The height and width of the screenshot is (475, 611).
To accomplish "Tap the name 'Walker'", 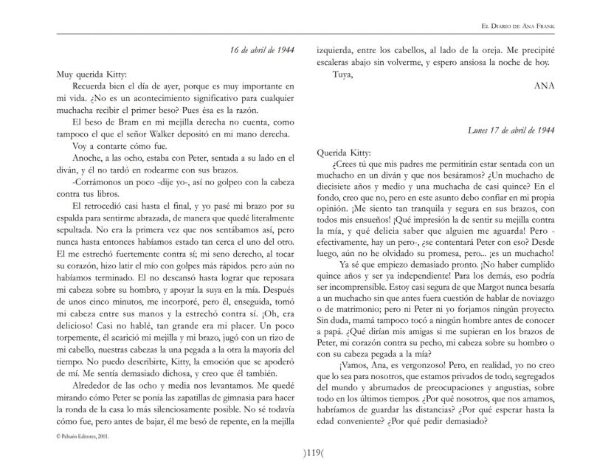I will [x=192, y=133].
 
